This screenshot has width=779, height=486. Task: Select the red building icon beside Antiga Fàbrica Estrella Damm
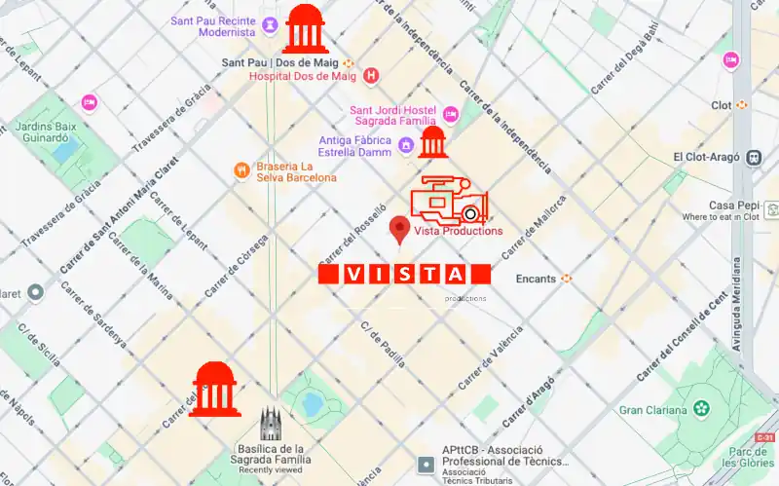[432, 142]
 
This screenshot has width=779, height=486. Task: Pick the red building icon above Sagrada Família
[214, 389]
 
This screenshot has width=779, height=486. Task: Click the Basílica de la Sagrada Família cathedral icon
[271, 424]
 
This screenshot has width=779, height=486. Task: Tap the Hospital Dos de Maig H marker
[370, 75]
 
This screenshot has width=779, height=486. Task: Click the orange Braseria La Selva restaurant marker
[241, 171]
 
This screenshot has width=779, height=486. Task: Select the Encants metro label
[536, 279]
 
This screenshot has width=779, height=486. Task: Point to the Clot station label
[722, 104]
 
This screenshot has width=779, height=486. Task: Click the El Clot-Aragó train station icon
[753, 157]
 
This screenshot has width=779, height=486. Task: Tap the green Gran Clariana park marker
[699, 408]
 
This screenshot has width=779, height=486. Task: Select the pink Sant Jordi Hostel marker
[450, 113]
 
